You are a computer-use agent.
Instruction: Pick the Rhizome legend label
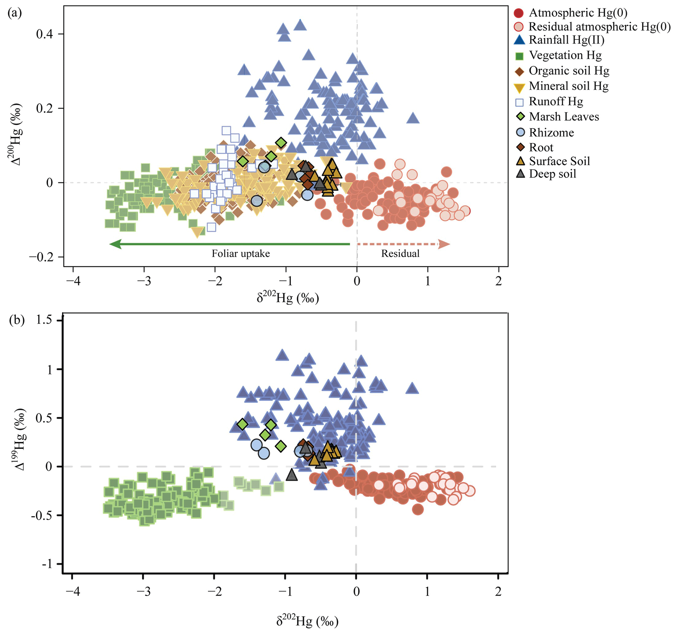point(551,132)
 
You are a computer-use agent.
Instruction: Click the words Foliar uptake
point(241,254)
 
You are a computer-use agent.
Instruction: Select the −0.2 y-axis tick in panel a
point(41,257)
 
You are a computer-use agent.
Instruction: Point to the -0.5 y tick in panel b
point(41,515)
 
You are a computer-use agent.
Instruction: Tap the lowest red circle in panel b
point(418,509)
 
